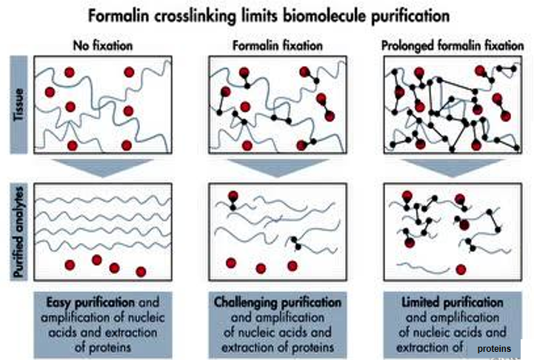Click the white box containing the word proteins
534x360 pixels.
click(x=494, y=347)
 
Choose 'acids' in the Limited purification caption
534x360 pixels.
click(x=490, y=333)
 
